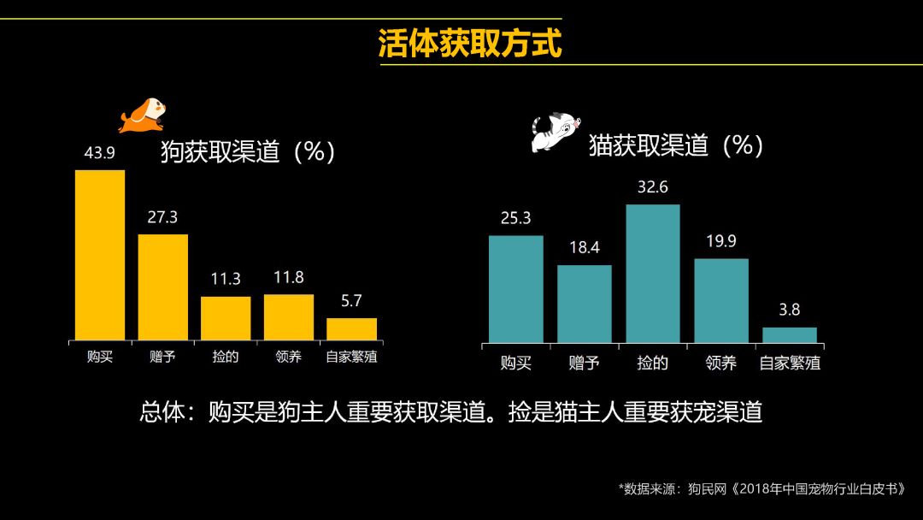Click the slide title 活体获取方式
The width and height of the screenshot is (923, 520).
(470, 44)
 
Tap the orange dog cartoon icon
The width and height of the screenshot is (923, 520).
(142, 115)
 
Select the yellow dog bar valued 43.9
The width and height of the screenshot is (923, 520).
(100, 255)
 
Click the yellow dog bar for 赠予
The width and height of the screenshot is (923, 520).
(162, 287)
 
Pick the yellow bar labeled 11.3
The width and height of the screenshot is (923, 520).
(226, 318)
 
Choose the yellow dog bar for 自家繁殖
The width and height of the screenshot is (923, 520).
(351, 329)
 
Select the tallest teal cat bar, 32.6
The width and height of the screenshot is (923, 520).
(653, 274)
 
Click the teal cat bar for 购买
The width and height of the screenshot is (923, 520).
(515, 289)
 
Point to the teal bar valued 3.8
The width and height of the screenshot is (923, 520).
(790, 335)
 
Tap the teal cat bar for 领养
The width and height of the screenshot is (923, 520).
(720, 301)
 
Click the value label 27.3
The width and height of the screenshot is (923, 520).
(162, 217)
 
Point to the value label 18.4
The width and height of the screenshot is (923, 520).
(584, 248)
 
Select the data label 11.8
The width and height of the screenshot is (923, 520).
(288, 278)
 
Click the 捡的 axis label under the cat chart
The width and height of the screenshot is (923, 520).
(653, 363)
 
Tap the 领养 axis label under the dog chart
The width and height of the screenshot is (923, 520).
(288, 356)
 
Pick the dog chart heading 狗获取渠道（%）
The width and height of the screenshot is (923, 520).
(248, 151)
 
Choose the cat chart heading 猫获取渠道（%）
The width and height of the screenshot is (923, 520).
(675, 145)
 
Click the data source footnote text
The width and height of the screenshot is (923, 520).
(761, 489)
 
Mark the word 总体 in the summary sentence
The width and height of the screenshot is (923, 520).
(162, 412)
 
